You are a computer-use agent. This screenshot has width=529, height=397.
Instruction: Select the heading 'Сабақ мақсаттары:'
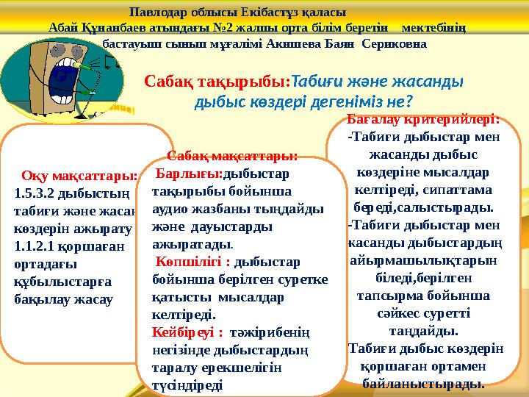(232, 156)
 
